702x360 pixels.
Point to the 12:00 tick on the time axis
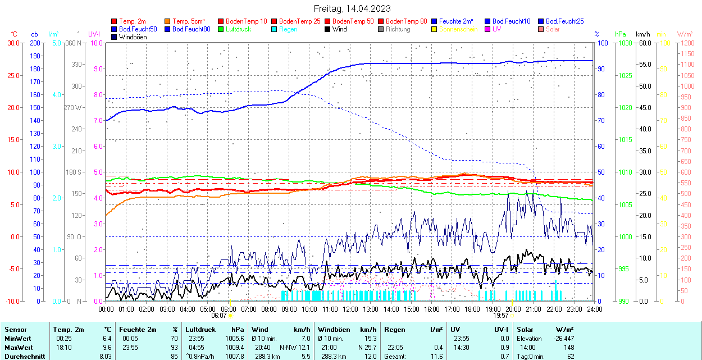(x=350, y=309)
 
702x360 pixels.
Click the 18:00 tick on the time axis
(x=472, y=309)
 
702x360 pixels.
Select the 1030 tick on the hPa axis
(x=623, y=43)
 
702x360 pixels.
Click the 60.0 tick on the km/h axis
(x=644, y=43)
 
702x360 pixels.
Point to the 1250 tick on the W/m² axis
(x=687, y=43)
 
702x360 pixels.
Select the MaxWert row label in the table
(x=19, y=348)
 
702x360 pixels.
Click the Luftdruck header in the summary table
(x=200, y=330)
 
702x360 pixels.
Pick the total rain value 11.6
(x=434, y=357)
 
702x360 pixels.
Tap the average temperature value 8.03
(x=106, y=357)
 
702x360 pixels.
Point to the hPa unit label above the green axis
(x=621, y=34)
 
